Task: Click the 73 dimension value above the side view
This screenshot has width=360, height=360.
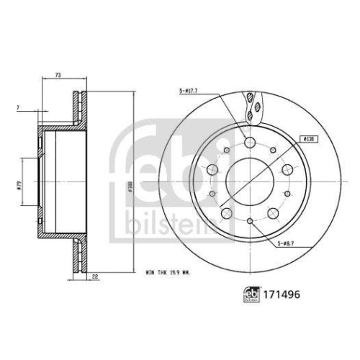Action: click(x=58, y=74)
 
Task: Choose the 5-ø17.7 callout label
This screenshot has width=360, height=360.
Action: click(x=189, y=91)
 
